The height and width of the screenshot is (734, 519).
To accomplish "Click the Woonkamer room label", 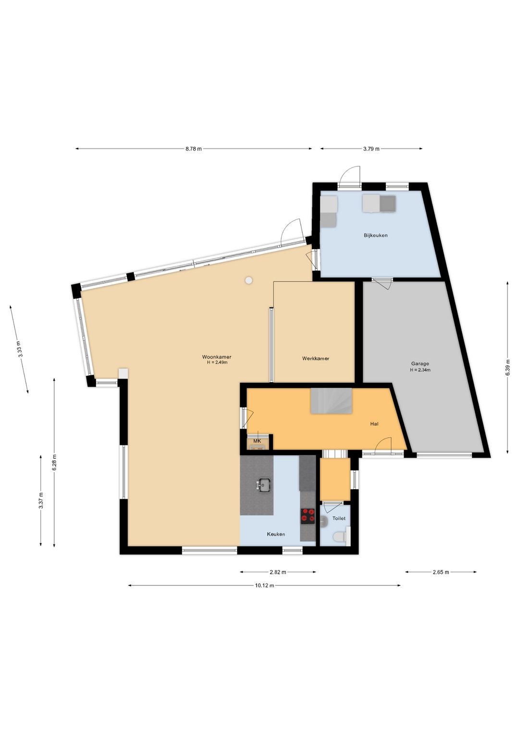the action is tap(216, 357).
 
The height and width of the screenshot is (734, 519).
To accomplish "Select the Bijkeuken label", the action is tap(376, 235).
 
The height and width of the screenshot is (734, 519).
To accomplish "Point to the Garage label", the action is tap(420, 364).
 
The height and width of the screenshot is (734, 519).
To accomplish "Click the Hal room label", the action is tap(374, 424).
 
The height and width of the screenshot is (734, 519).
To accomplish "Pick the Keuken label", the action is tap(276, 534).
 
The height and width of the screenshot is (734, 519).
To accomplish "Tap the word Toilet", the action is tap(339, 519).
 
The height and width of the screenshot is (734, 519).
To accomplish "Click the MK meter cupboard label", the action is tap(257, 441).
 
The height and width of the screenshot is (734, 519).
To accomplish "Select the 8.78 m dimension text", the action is tap(194, 149).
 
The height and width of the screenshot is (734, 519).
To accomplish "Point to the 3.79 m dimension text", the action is tap(371, 149).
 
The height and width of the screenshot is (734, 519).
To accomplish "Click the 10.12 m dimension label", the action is tap(264, 585).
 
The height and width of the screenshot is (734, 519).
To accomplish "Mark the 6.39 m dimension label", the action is tap(508, 367).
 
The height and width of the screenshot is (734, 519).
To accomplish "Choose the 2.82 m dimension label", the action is tap(278, 572).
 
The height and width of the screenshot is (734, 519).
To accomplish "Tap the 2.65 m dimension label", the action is tap(440, 572).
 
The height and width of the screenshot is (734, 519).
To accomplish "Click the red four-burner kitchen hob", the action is tap(308, 515).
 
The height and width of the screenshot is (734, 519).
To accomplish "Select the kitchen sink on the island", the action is tap(264, 485).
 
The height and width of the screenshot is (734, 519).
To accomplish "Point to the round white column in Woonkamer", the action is tap(249, 280).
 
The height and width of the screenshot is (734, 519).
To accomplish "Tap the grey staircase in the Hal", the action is tap(332, 401).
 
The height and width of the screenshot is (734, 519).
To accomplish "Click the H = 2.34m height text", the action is tap(420, 370).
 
